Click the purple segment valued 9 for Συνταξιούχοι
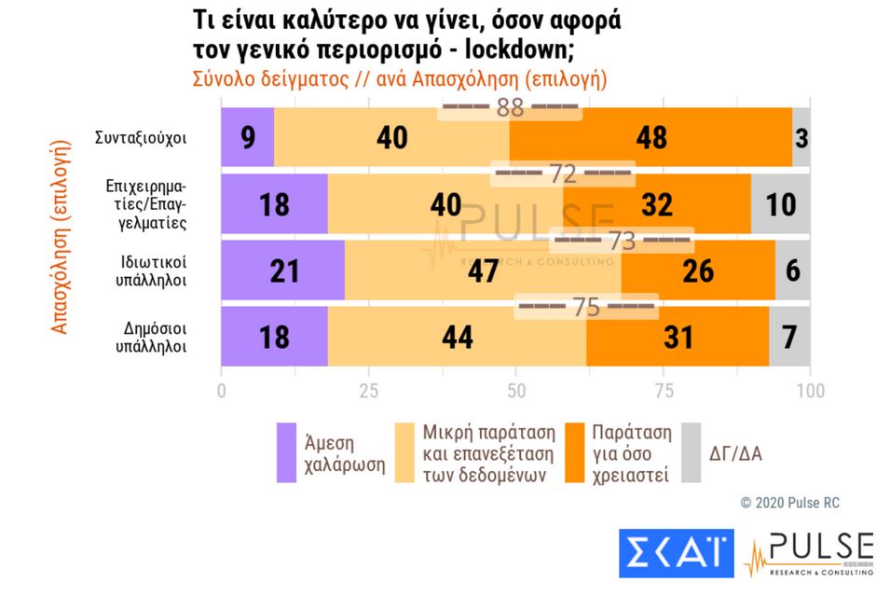point(247,137)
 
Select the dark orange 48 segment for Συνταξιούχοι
point(650,137)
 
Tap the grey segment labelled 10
point(780,204)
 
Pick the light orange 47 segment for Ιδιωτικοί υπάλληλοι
point(483,270)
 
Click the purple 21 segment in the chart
point(282,270)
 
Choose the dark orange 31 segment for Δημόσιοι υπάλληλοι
point(678,337)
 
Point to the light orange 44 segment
point(457,337)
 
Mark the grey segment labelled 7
point(789,337)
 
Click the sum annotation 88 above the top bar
point(510,107)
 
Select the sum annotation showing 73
point(623,241)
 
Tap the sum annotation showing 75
point(586,307)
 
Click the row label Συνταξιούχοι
point(141,138)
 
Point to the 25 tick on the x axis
point(368,390)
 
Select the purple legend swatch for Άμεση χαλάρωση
point(287,453)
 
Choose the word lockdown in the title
point(542,50)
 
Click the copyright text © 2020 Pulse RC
point(789,503)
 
